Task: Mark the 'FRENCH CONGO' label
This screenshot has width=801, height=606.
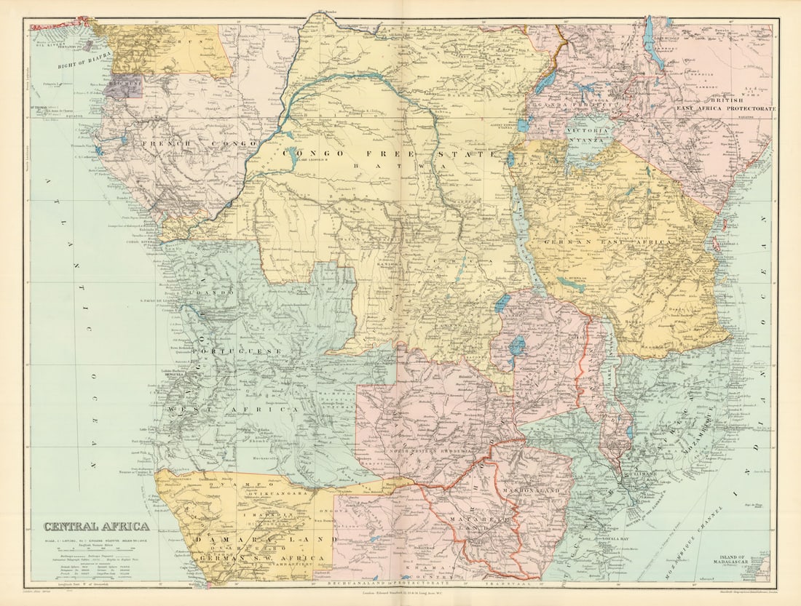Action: click(182, 144)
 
